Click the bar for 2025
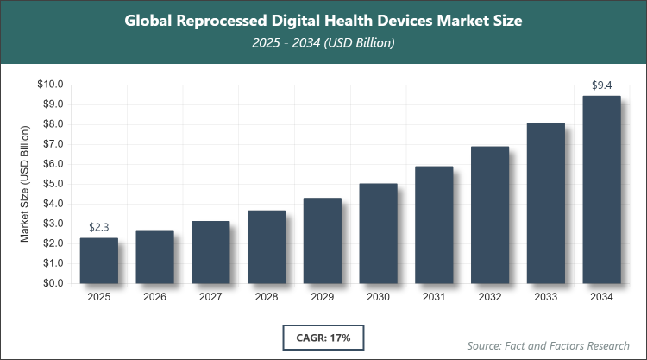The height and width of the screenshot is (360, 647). click(x=98, y=261)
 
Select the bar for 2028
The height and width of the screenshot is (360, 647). click(x=267, y=247)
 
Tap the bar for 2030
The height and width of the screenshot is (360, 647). click(x=378, y=233)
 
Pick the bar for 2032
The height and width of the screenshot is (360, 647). click(x=490, y=215)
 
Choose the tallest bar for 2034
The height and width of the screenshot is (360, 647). click(x=601, y=189)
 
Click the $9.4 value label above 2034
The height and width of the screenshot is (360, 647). click(x=601, y=85)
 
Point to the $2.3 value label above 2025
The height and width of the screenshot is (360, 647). click(x=98, y=227)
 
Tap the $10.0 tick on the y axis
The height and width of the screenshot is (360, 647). click(x=51, y=85)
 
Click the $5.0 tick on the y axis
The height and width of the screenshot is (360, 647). click(x=53, y=184)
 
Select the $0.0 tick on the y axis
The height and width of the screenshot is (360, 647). click(x=53, y=283)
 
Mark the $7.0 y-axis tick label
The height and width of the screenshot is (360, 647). click(x=53, y=144)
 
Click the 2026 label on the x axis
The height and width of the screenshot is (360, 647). click(x=154, y=297)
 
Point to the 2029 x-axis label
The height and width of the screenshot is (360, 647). click(x=322, y=297)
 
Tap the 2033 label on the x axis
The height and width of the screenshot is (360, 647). click(x=545, y=297)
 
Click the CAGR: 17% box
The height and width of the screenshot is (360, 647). click(x=323, y=336)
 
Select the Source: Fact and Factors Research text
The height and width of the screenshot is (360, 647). click(x=549, y=345)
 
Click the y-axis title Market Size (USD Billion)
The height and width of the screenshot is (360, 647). click(x=26, y=184)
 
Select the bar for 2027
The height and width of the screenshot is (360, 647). click(x=210, y=252)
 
